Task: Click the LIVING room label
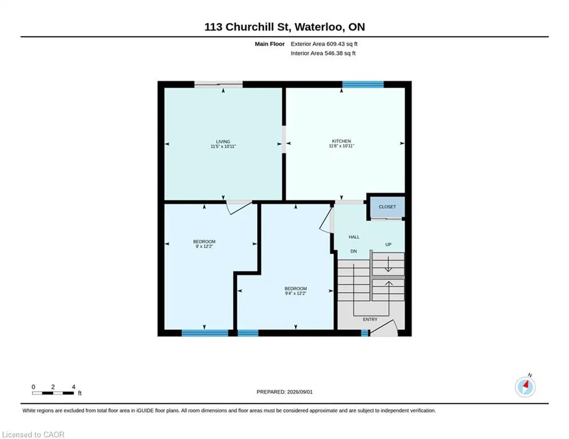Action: (223, 142)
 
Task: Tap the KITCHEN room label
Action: (341, 141)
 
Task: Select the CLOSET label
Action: (387, 207)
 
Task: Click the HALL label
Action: (354, 237)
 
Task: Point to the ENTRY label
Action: (370, 320)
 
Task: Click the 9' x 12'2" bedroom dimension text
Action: (204, 246)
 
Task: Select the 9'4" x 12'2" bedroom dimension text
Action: (296, 293)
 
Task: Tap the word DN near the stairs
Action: (353, 251)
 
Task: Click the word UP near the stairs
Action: (388, 245)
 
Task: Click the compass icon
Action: (525, 387)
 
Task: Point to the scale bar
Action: (53, 393)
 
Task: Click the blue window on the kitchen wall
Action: (363, 85)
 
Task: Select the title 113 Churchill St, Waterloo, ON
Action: (285, 27)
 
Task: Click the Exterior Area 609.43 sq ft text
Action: (324, 44)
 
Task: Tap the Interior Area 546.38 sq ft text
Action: (323, 53)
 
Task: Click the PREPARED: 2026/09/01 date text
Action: (285, 392)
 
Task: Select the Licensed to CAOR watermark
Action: (33, 434)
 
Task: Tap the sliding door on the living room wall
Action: (218, 85)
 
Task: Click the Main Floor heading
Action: (269, 44)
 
